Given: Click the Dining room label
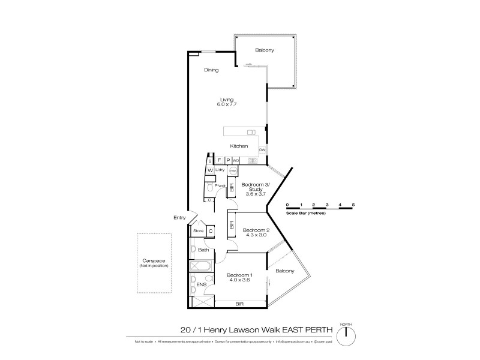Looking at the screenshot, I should tap(211, 70).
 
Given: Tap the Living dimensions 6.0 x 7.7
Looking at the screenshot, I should tap(227, 104).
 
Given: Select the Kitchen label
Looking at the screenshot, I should tap(239, 146).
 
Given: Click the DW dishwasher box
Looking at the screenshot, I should tap(262, 149).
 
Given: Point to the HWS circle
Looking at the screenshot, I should tap(233, 170).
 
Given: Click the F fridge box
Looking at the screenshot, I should tap(220, 161).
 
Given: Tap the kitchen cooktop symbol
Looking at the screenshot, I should tap(251, 161).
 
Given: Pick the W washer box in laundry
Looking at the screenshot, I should tap(210, 170).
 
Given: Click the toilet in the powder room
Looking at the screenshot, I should tap(209, 187).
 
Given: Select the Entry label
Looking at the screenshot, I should tap(179, 217).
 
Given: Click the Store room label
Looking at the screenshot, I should tap(198, 230).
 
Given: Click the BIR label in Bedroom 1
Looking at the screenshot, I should tap(239, 304).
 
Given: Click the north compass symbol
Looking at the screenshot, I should tap(346, 338).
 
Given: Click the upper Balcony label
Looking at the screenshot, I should tap(265, 50).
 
